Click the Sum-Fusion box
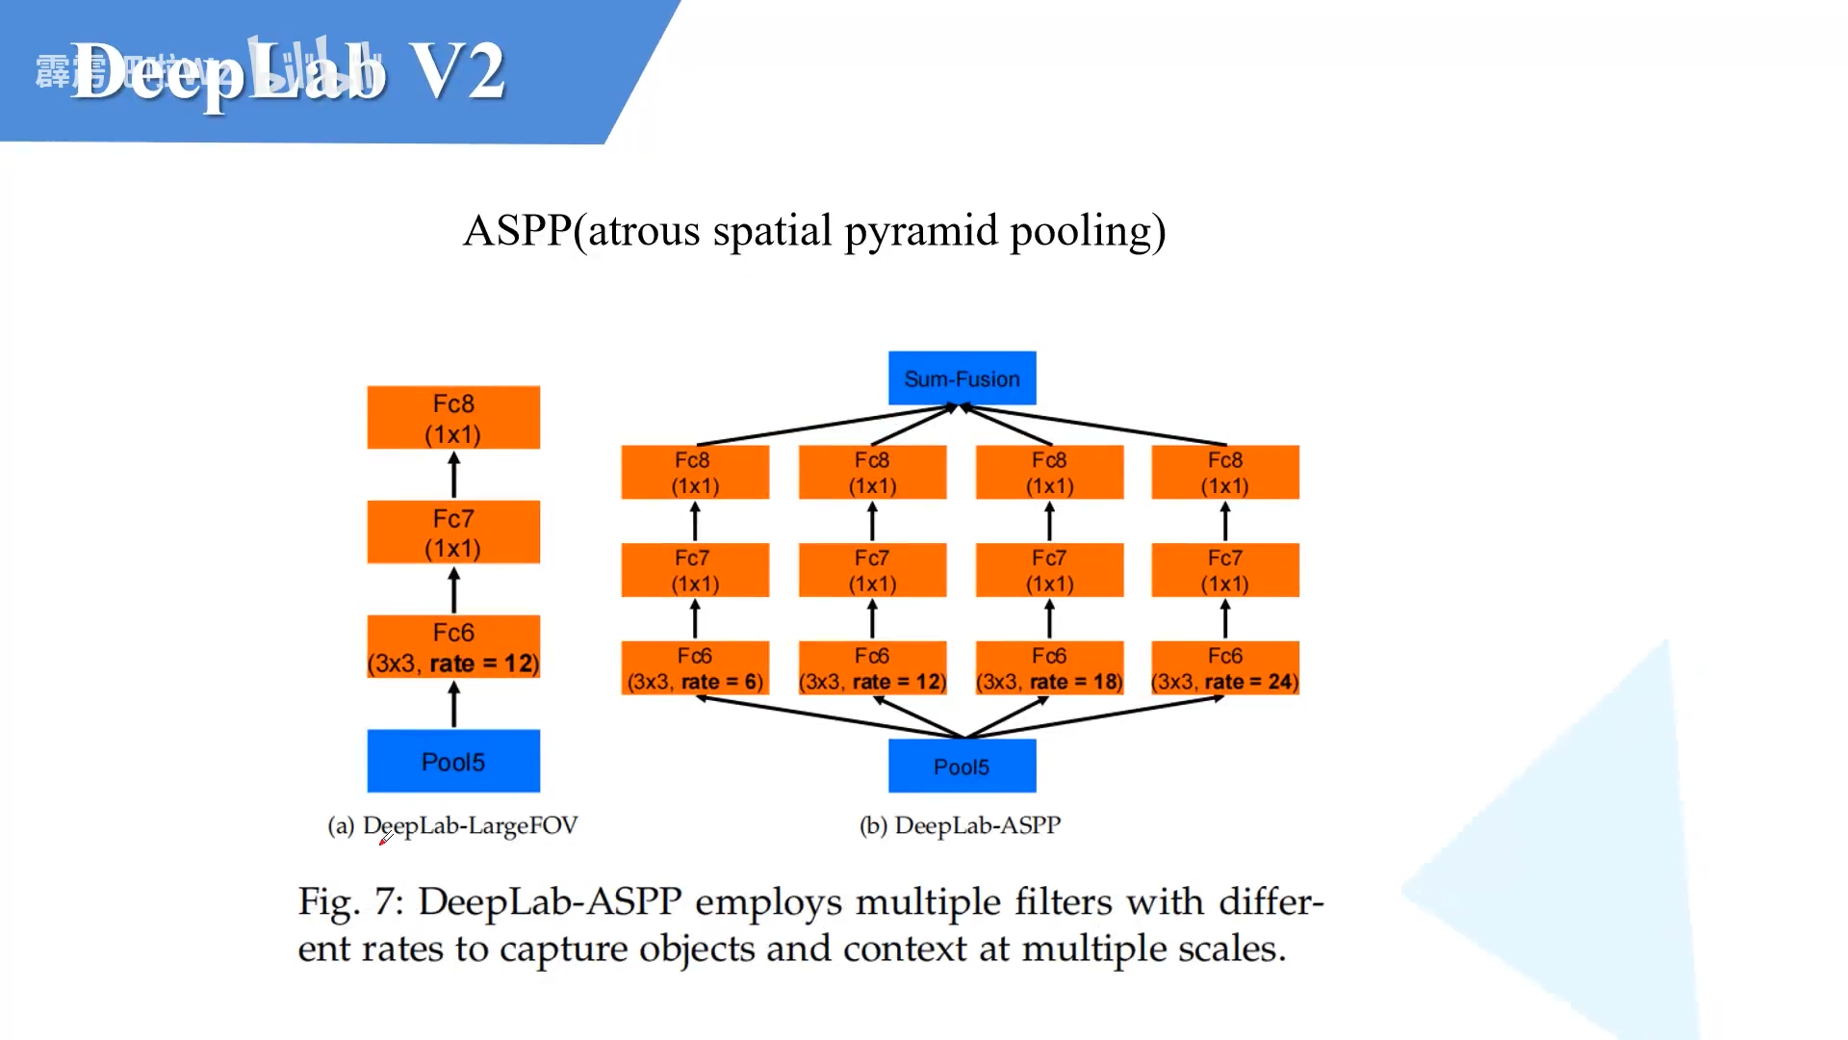coord(962,378)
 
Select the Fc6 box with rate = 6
coord(695,668)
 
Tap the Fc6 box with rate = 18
coord(1049,668)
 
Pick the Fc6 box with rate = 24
coord(1225,668)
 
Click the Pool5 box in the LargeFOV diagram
coord(453,762)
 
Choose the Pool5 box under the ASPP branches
coord(962,767)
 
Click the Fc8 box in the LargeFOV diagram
coord(453,418)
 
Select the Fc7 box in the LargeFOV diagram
coord(453,533)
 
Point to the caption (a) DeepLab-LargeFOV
coord(452,825)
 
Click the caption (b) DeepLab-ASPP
coord(960,825)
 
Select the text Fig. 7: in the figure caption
coord(351,902)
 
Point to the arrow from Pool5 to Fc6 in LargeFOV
coord(453,704)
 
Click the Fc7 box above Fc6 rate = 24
coord(1225,570)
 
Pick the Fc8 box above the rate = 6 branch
coord(695,472)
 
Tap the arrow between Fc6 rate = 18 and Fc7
coord(1049,618)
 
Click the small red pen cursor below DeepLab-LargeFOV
coord(385,840)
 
